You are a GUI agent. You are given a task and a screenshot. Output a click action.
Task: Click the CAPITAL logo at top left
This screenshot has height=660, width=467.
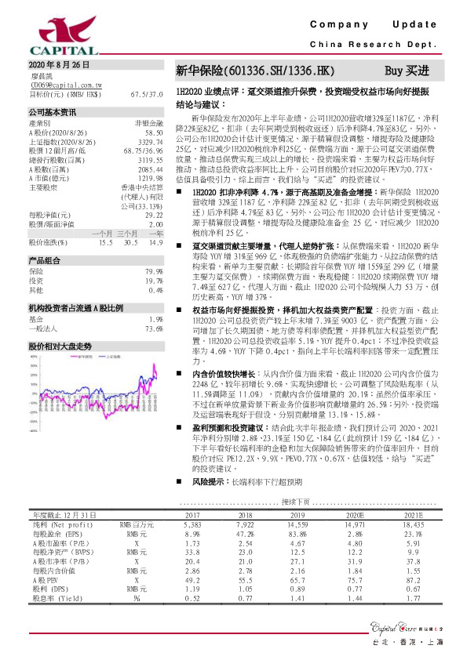coord(48,34)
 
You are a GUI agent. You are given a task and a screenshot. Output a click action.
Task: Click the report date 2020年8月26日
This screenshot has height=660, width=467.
coord(54,65)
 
